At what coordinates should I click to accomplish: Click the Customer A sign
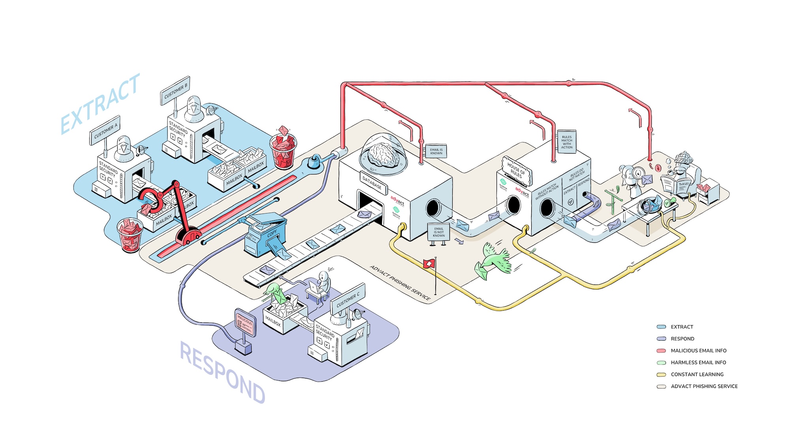click(105, 131)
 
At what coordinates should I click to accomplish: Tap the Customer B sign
click(175, 91)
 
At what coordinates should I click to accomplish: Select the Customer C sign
click(348, 300)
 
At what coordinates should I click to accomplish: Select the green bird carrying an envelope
click(494, 260)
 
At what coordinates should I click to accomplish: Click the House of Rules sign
click(516, 170)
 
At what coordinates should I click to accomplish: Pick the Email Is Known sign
click(436, 151)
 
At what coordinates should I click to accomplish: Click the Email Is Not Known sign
click(438, 232)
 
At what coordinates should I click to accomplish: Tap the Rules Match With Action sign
click(566, 142)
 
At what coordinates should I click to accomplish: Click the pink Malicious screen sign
click(245, 322)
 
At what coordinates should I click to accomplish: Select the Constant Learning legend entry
click(697, 374)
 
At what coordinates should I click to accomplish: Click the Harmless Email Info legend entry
click(698, 362)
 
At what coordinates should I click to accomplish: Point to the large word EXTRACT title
click(101, 103)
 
